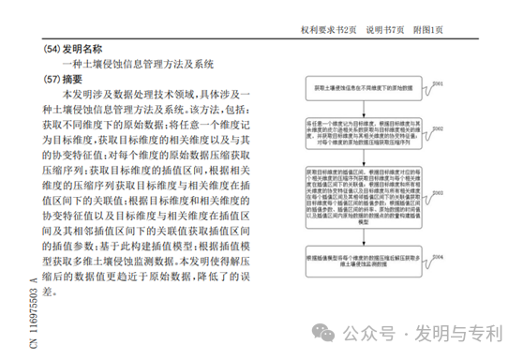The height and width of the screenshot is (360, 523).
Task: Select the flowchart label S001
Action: (436, 82)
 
